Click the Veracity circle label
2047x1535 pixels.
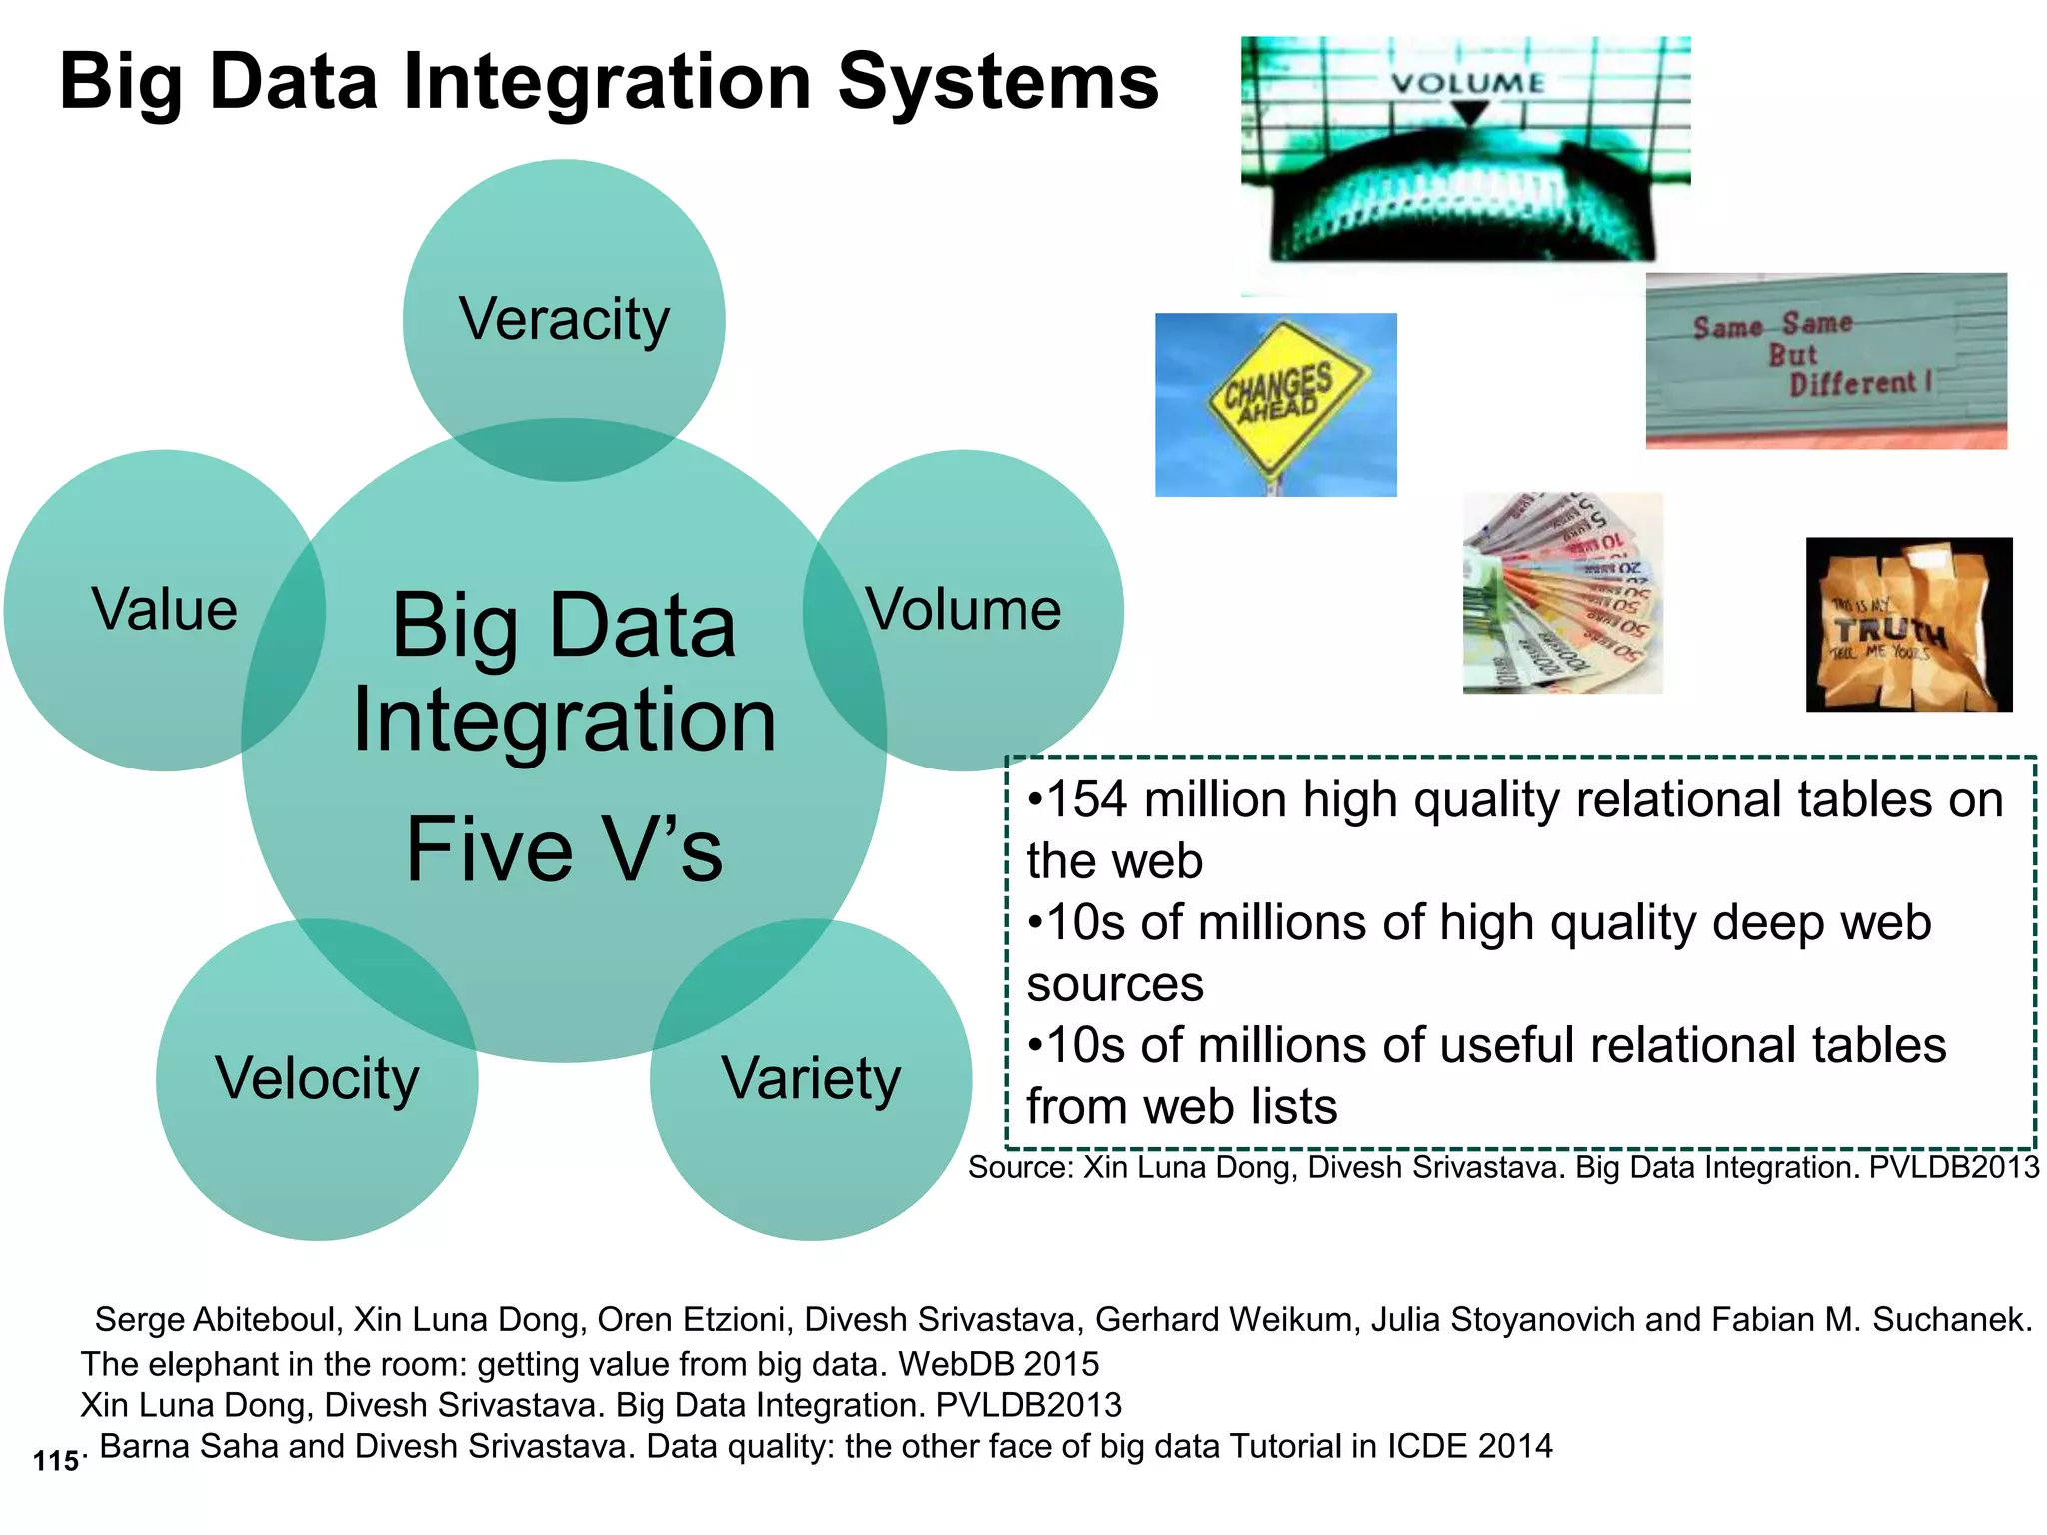click(564, 320)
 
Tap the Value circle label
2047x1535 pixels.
click(165, 610)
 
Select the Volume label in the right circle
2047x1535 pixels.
click(964, 610)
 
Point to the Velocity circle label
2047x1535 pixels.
click(317, 1079)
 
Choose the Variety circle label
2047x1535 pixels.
click(811, 1079)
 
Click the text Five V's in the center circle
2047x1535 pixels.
click(564, 850)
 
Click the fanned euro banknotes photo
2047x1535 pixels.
click(1562, 593)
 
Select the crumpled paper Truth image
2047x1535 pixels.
click(1908, 625)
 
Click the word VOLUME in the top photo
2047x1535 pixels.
click(1467, 83)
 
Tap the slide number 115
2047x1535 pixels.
click(56, 1461)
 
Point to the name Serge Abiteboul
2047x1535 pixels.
click(214, 1320)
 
